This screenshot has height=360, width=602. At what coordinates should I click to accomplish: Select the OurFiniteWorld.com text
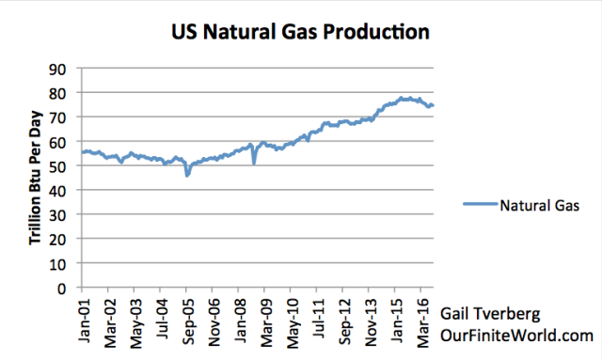(522, 334)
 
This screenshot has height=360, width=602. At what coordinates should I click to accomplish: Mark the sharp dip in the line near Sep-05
(187, 175)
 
